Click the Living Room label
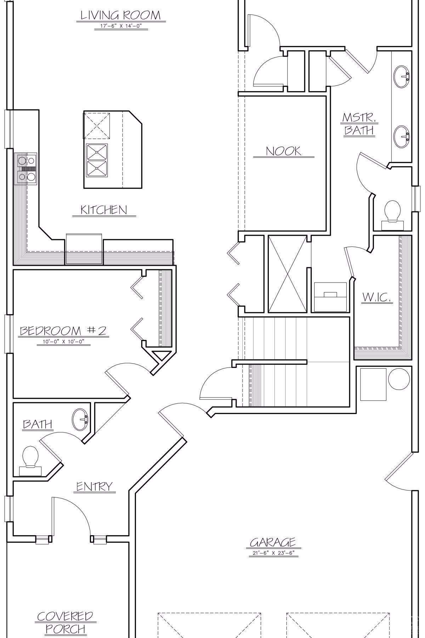click(x=120, y=15)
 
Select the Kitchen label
click(x=103, y=210)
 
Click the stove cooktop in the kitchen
click(x=26, y=169)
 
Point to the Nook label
click(x=283, y=151)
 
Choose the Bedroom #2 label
click(x=63, y=331)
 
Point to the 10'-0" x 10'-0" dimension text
click(x=63, y=342)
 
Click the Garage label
click(x=273, y=542)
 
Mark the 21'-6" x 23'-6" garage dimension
click(x=273, y=553)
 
